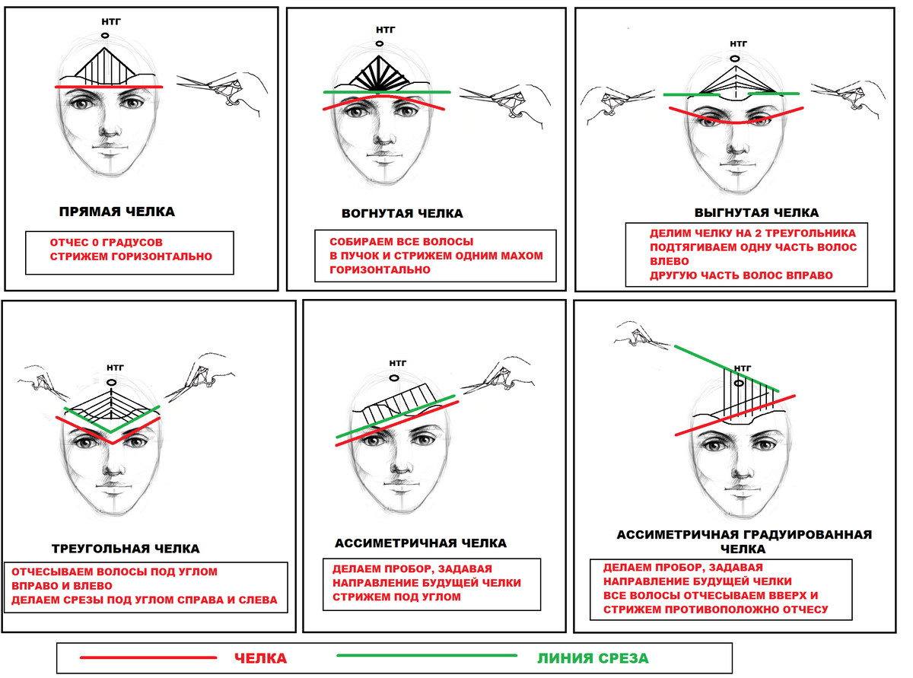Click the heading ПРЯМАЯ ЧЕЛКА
coord(117,212)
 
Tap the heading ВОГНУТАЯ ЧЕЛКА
coord(402,213)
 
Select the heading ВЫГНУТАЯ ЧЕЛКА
coord(756,212)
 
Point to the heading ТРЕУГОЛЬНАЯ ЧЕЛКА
coord(126,549)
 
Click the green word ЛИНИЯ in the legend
coord(561,659)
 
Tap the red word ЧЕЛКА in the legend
coord(260,658)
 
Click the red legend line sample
coord(148,657)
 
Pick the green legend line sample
coord(427,655)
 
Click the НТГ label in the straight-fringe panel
coord(111,21)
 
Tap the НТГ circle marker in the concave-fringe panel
coord(380,43)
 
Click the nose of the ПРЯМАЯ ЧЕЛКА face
coord(110,131)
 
